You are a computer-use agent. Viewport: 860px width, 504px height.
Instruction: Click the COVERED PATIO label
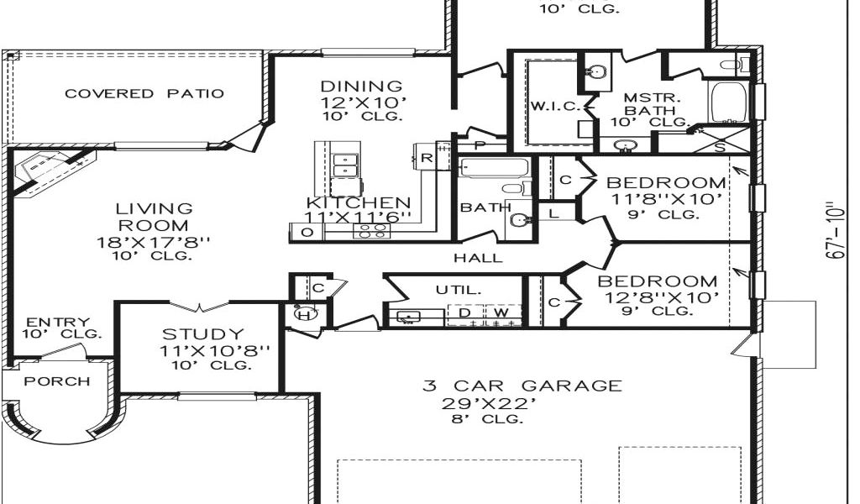(x=144, y=93)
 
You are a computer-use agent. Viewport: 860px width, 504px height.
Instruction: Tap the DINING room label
(x=362, y=87)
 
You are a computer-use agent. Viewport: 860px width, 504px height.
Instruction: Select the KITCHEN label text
(x=359, y=203)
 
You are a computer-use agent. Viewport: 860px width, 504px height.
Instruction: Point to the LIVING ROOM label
(x=154, y=217)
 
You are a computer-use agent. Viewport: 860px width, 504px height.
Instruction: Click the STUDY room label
(x=203, y=334)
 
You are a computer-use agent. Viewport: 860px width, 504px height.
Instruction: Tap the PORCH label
(x=56, y=381)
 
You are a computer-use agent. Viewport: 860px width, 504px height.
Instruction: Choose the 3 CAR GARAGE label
(x=522, y=386)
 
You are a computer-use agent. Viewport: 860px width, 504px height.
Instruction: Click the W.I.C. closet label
(x=550, y=106)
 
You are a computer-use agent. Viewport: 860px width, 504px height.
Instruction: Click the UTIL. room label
(x=459, y=290)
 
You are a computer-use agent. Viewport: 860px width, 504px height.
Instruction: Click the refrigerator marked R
(x=427, y=158)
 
